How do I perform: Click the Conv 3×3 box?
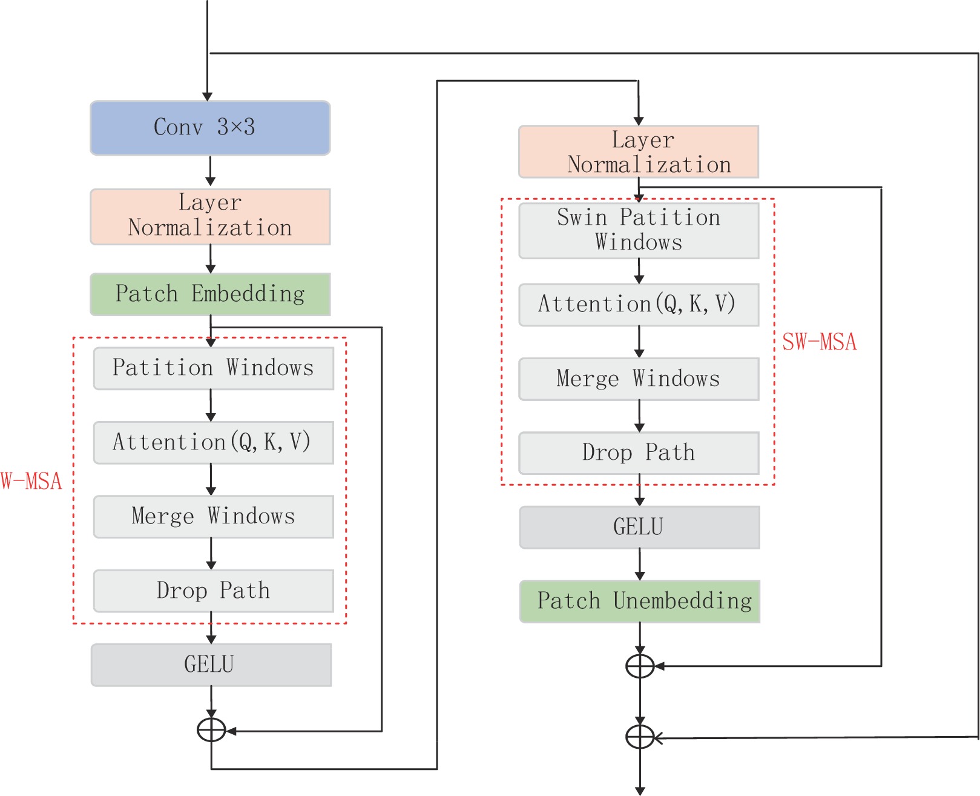pos(210,128)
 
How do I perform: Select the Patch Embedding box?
pos(210,294)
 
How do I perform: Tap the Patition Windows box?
pos(213,368)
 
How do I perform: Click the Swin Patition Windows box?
pos(639,230)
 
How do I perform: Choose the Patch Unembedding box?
pos(640,602)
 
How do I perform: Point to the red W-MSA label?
pos(31,482)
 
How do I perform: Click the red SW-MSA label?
pos(819,342)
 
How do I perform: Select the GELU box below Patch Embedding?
pos(211,665)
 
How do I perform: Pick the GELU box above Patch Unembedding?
pos(639,527)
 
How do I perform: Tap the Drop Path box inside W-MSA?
pos(213,591)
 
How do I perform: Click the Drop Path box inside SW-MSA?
pos(639,453)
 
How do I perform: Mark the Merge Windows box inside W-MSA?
pos(213,517)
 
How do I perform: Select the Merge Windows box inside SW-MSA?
pos(639,379)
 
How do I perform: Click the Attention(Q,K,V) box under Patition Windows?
pos(213,443)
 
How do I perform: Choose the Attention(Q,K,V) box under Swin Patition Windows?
pos(639,305)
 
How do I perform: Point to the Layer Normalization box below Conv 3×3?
pos(210,216)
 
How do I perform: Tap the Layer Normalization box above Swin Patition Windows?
pos(639,152)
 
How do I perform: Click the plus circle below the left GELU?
pos(211,731)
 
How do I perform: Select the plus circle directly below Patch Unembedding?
pos(640,666)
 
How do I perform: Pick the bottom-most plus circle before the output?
pos(640,737)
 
